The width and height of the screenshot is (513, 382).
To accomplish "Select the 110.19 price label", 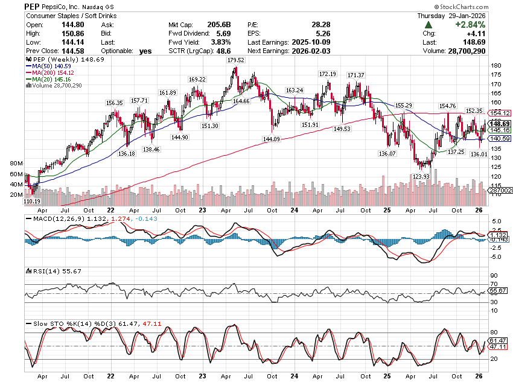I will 32,201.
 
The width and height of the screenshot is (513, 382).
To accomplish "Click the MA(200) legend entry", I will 48,72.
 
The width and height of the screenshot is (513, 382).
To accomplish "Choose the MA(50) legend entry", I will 46,65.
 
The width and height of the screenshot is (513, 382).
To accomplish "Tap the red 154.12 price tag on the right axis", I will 499,113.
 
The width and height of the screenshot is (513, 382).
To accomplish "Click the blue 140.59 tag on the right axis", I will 499,138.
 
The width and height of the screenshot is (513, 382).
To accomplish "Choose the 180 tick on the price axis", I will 494,66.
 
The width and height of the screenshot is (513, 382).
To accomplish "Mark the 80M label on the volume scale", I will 16,164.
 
